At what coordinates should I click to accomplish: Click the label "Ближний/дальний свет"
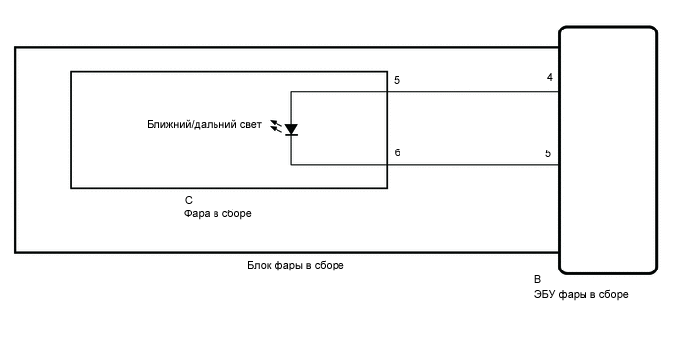tap(204, 125)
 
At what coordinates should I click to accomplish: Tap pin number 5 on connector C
tap(397, 79)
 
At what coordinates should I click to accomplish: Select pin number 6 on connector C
tap(397, 152)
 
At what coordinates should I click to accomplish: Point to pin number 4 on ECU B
tap(549, 77)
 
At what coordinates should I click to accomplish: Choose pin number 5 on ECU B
tap(549, 153)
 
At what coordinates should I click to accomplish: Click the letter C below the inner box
tap(188, 200)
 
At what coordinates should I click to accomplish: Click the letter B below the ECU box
tap(537, 279)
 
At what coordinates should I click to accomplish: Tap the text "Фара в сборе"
tap(217, 213)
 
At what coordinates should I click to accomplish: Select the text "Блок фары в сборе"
tap(295, 266)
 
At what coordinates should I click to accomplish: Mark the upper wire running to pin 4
tap(472, 92)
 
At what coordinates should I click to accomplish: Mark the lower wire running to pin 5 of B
tap(472, 165)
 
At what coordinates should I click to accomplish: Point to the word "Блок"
tap(260, 266)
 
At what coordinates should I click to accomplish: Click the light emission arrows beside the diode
tap(276, 128)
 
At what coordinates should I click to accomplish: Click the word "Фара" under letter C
tap(196, 213)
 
